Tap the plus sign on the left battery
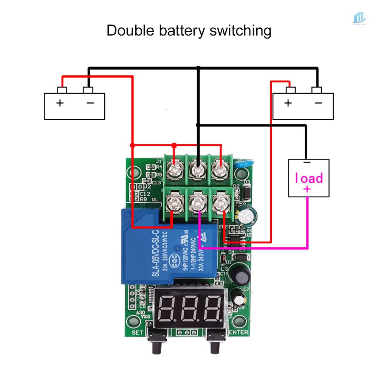click(x=60, y=103)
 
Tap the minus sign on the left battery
click(x=90, y=103)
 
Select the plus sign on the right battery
click(x=288, y=103)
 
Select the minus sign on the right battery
click(x=319, y=103)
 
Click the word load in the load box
click(x=309, y=178)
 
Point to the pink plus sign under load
click(x=307, y=189)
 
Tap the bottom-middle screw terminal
click(x=197, y=201)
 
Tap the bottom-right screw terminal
click(x=220, y=201)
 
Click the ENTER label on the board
click(x=238, y=332)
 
